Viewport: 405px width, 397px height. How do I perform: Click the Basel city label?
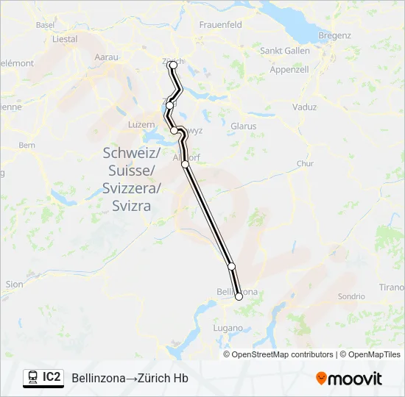(x=46, y=24)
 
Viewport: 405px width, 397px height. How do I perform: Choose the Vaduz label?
(x=304, y=107)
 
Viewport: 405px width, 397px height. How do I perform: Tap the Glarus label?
(x=243, y=126)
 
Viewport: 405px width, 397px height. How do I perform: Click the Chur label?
(x=304, y=163)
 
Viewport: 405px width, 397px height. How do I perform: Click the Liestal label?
(x=65, y=39)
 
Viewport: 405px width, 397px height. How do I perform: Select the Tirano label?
(x=392, y=287)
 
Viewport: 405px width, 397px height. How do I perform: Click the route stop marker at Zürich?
(x=174, y=65)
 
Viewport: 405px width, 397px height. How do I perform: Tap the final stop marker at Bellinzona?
(x=239, y=297)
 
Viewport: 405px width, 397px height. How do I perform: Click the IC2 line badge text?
(x=52, y=377)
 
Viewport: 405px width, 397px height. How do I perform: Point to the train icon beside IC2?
(x=33, y=378)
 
